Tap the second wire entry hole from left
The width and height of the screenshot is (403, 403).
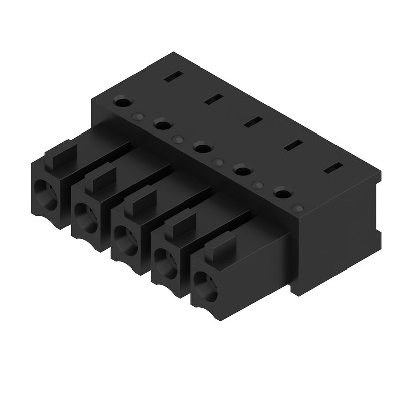[x=86, y=215]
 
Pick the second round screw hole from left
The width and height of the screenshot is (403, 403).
[x=162, y=124]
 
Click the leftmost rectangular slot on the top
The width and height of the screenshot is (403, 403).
[x=172, y=77]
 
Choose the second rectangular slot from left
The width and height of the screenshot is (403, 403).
[x=213, y=99]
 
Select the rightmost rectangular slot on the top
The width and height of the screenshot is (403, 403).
[x=333, y=169]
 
